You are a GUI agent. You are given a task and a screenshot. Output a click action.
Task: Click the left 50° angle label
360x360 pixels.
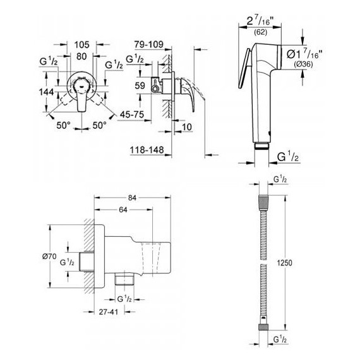pos(62,126)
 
